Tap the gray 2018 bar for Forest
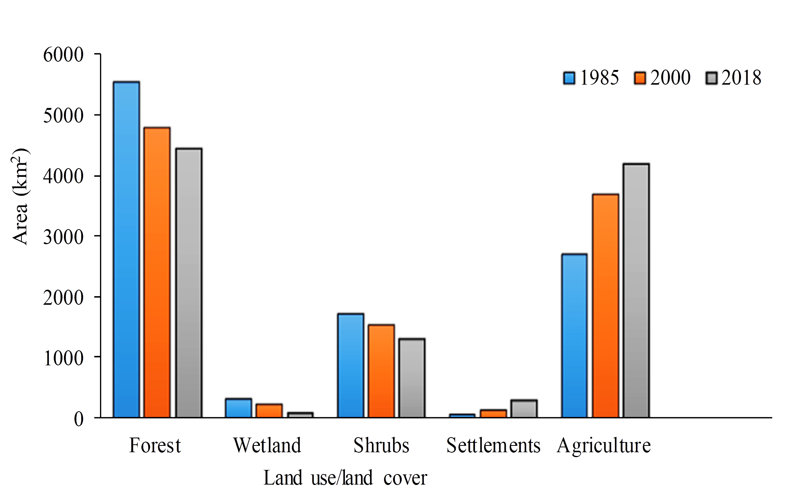[189, 283]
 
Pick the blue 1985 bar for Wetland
[238, 408]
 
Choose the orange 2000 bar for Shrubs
[381, 371]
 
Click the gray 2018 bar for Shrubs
[412, 378]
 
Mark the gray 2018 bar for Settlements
[524, 409]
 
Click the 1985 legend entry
[591, 78]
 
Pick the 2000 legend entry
[662, 78]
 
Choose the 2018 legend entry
[733, 78]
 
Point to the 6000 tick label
[63, 55]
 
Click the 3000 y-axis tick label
[63, 237]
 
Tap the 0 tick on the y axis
[79, 419]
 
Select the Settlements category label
[493, 445]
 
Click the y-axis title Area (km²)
[20, 196]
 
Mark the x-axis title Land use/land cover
[345, 478]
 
